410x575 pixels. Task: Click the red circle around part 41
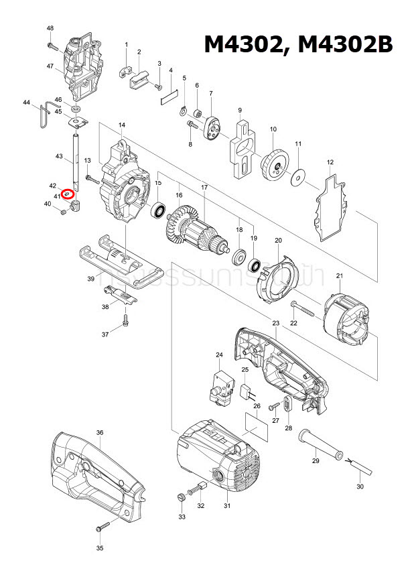[67, 194]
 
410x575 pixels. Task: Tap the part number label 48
[50, 27]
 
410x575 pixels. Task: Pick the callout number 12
[330, 163]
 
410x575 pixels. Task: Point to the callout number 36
[100, 433]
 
